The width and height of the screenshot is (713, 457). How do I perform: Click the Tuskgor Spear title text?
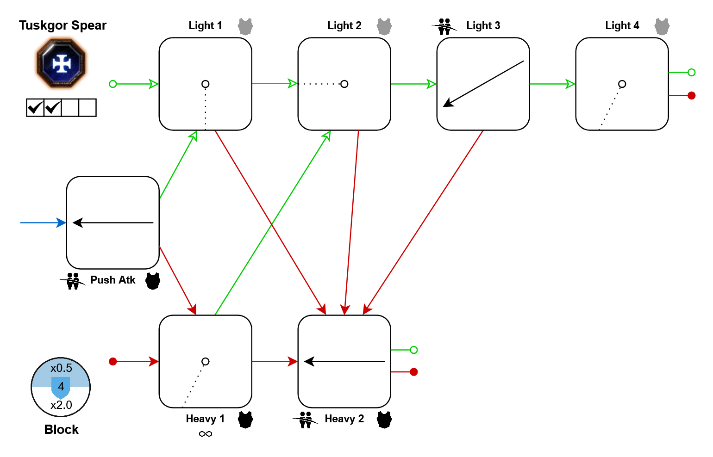(x=63, y=25)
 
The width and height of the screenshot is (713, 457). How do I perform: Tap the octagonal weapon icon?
(x=62, y=63)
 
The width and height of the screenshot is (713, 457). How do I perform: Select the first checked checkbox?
(x=35, y=108)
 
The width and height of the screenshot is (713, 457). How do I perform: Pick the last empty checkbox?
(x=88, y=108)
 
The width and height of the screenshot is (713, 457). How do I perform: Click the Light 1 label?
(x=205, y=26)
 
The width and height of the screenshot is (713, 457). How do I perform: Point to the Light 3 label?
(x=483, y=26)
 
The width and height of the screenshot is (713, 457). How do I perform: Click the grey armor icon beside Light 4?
(x=662, y=27)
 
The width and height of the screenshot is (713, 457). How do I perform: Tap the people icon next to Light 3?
(x=444, y=27)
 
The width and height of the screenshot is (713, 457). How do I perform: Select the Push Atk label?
(x=113, y=280)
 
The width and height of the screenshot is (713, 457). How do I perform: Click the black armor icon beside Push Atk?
(x=153, y=281)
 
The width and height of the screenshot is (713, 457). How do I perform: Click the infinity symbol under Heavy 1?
(x=205, y=434)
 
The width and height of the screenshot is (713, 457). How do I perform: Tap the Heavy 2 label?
(x=344, y=419)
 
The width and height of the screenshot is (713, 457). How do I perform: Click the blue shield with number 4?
(x=61, y=387)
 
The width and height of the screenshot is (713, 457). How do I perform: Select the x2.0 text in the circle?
(x=61, y=405)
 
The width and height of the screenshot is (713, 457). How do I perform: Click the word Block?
(x=61, y=430)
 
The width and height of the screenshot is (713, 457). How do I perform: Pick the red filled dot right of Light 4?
(x=691, y=96)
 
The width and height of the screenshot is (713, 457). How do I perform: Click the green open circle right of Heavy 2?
(x=413, y=350)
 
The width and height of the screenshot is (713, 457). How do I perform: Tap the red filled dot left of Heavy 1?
(x=113, y=362)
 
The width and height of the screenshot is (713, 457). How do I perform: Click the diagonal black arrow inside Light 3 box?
(x=483, y=84)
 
